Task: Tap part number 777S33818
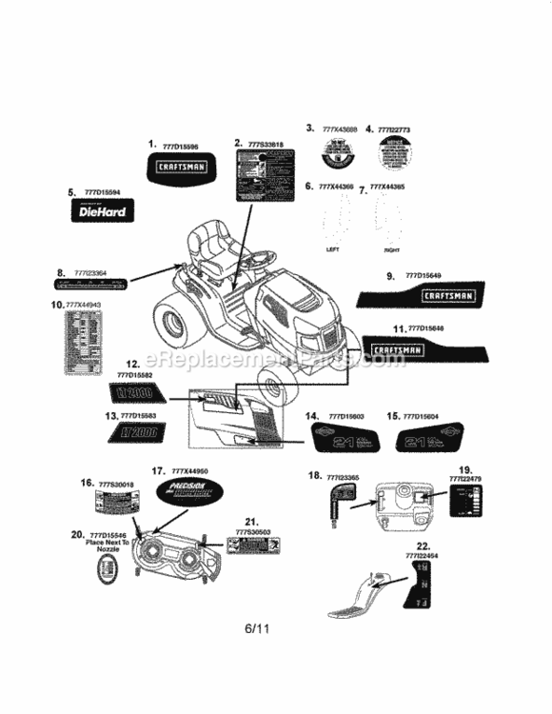coord(266,145)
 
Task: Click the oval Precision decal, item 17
coord(181,493)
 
